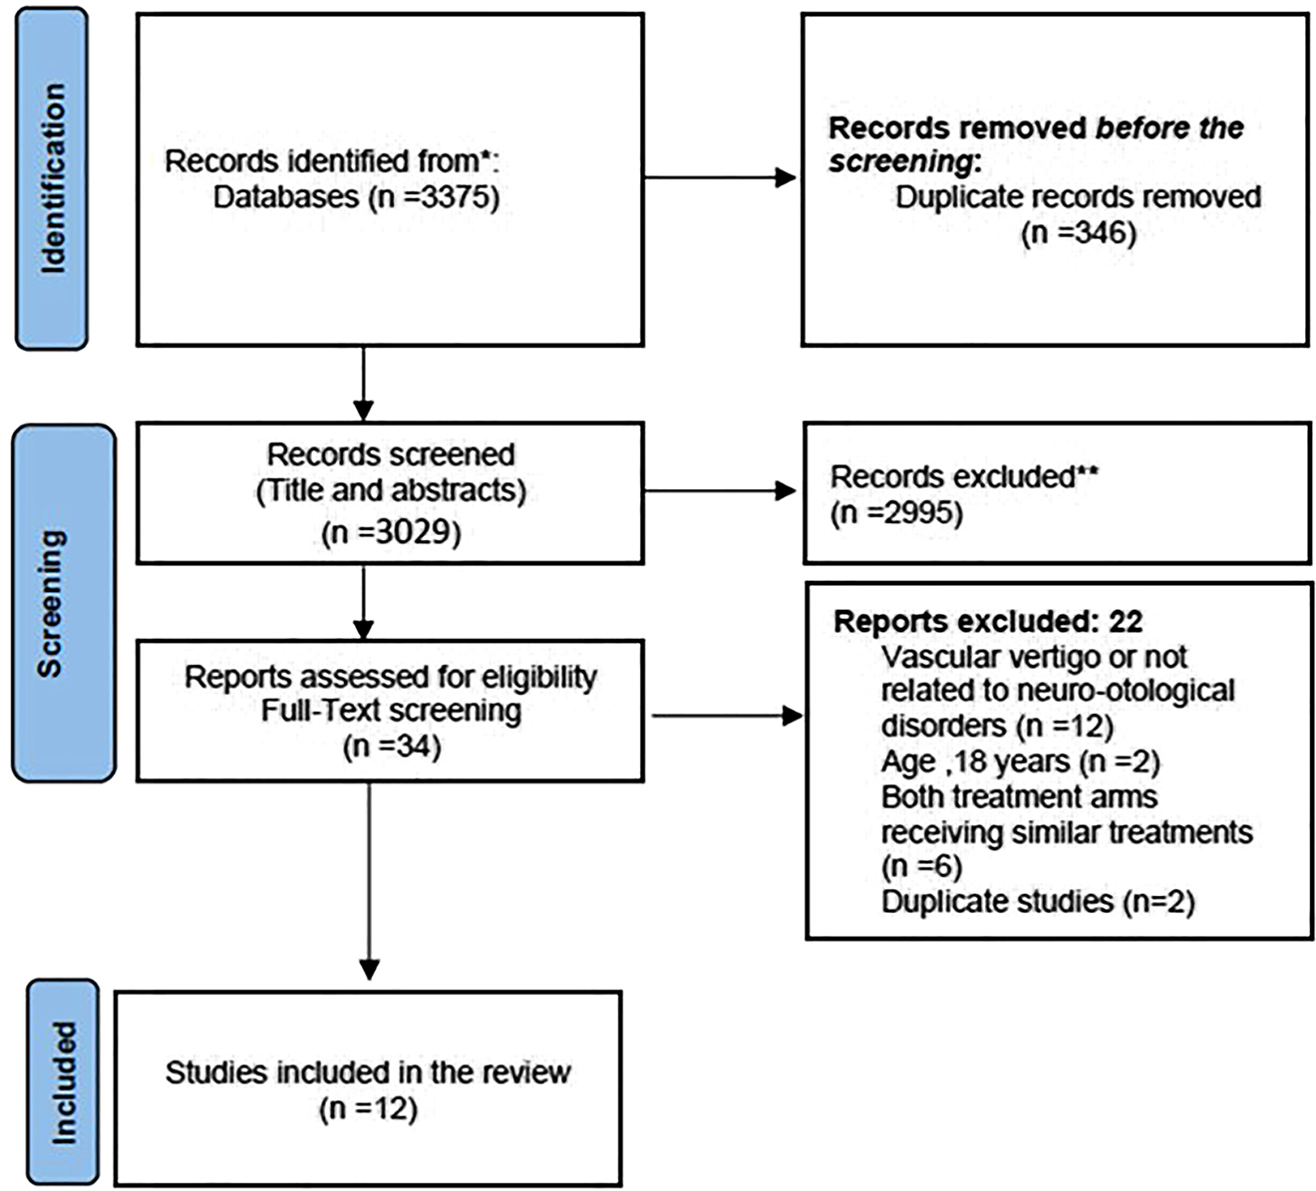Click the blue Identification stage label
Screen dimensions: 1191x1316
(x=52, y=178)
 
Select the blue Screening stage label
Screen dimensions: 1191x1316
(x=62, y=604)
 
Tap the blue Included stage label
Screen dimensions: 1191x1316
(x=63, y=1081)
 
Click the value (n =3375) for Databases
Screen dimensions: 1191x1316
(x=434, y=196)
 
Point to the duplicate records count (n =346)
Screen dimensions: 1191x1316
(x=1078, y=232)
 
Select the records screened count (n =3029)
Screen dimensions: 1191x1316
(x=391, y=532)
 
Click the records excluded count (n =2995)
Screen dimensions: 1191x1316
(x=896, y=512)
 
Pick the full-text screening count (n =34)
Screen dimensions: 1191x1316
(x=391, y=745)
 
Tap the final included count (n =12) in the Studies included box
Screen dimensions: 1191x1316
(x=368, y=1108)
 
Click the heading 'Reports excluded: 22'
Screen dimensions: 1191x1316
(x=987, y=622)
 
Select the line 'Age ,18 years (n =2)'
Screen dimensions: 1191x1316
(x=1020, y=762)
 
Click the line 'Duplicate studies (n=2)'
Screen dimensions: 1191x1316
(x=1037, y=902)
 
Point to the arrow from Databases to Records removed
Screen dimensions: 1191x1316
(x=720, y=178)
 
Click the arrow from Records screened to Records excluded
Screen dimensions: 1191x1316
(x=720, y=490)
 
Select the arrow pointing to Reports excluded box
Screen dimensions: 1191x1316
(x=726, y=716)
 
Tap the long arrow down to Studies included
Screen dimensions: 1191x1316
(x=369, y=877)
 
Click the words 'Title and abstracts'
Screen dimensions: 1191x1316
(x=391, y=491)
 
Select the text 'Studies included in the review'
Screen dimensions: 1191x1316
(x=368, y=1072)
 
